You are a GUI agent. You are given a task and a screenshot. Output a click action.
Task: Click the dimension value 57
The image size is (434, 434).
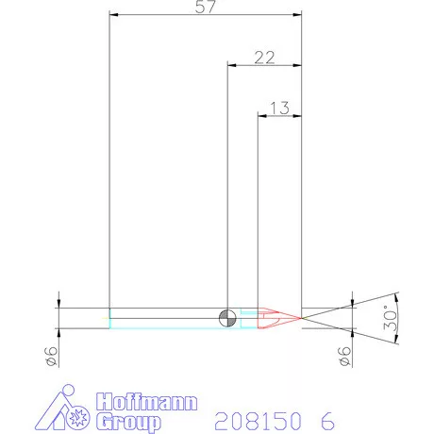tap(206, 8)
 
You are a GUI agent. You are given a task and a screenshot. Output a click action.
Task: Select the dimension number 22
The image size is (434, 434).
tap(264, 58)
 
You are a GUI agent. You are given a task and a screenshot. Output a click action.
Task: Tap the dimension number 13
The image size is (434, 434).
tap(279, 108)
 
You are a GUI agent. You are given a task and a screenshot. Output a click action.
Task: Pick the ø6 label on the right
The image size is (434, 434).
tap(345, 357)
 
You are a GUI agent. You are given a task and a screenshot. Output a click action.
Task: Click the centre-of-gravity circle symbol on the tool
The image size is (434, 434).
tap(227, 317)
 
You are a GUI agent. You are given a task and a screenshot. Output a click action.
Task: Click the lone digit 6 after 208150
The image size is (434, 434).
tap(326, 417)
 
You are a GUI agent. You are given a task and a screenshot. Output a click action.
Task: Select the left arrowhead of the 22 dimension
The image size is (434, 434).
tap(233, 65)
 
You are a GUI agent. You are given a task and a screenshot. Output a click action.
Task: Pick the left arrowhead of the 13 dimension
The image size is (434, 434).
tap(263, 115)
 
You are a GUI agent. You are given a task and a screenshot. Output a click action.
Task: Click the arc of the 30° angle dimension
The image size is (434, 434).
tap(399, 317)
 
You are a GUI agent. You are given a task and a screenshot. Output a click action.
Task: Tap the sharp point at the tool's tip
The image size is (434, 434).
tap(300, 317)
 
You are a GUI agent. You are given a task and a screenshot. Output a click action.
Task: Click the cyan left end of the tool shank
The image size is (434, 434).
tap(110, 318)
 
